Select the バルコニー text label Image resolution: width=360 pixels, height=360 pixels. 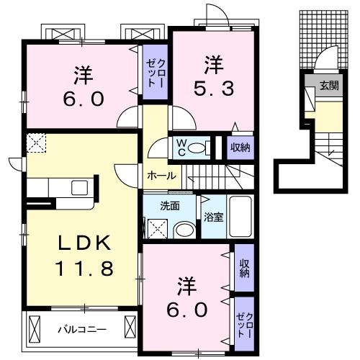point(82,330)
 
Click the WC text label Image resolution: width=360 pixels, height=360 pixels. point(181,147)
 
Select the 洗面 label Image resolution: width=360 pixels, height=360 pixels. point(170,205)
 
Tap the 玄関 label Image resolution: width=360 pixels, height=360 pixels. point(329,85)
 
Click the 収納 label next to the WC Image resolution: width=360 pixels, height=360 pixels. point(240,148)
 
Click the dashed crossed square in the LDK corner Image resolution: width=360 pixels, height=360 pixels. point(35,144)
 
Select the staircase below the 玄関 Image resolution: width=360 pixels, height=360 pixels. point(329,144)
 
